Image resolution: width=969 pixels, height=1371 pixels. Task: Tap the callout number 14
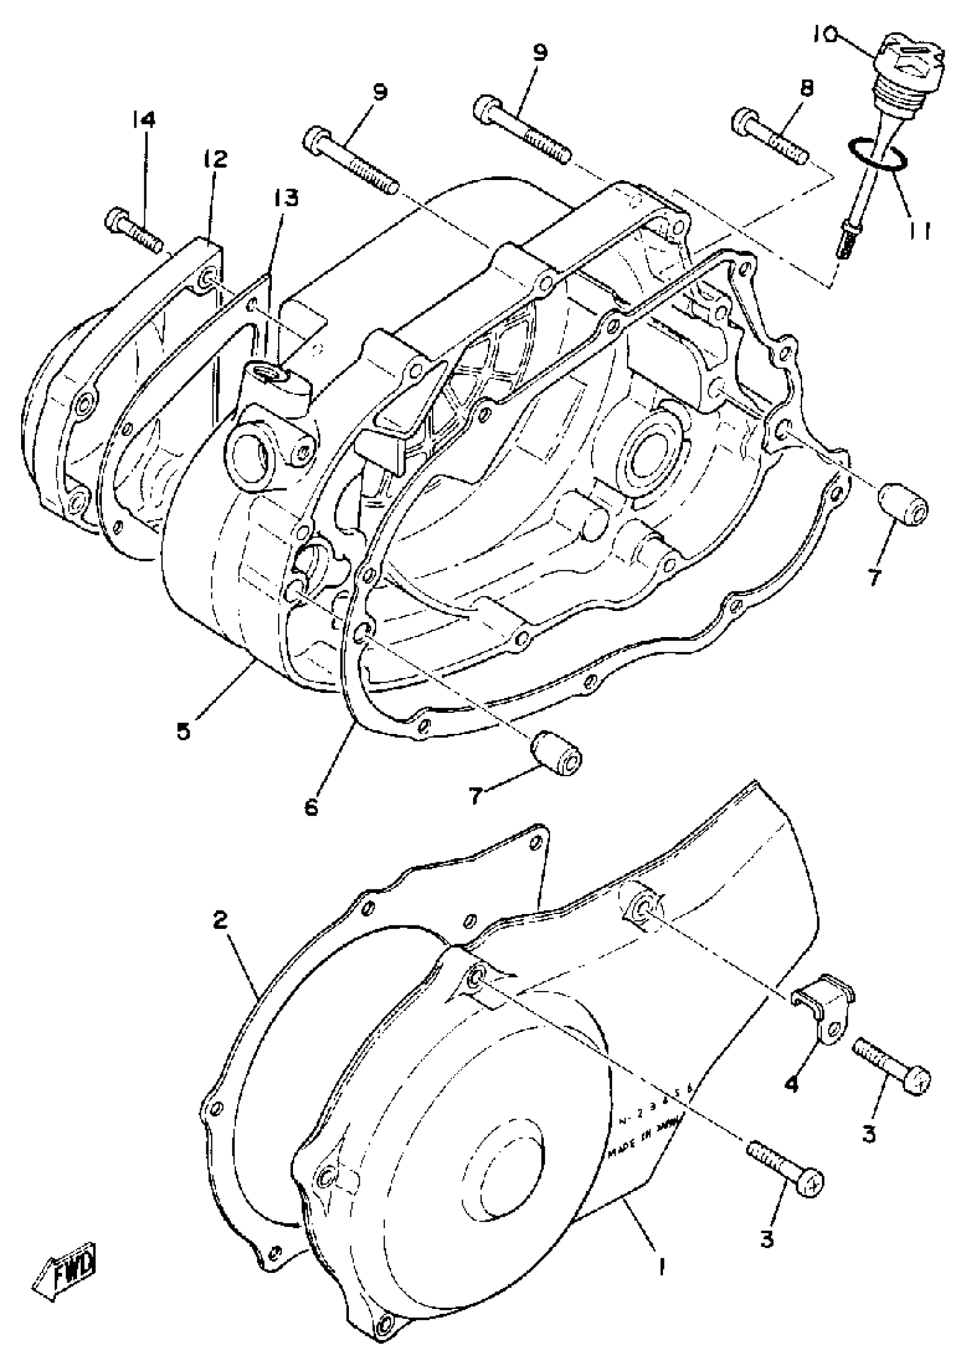coord(144,120)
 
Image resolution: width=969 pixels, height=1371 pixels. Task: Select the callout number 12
coord(215,159)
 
